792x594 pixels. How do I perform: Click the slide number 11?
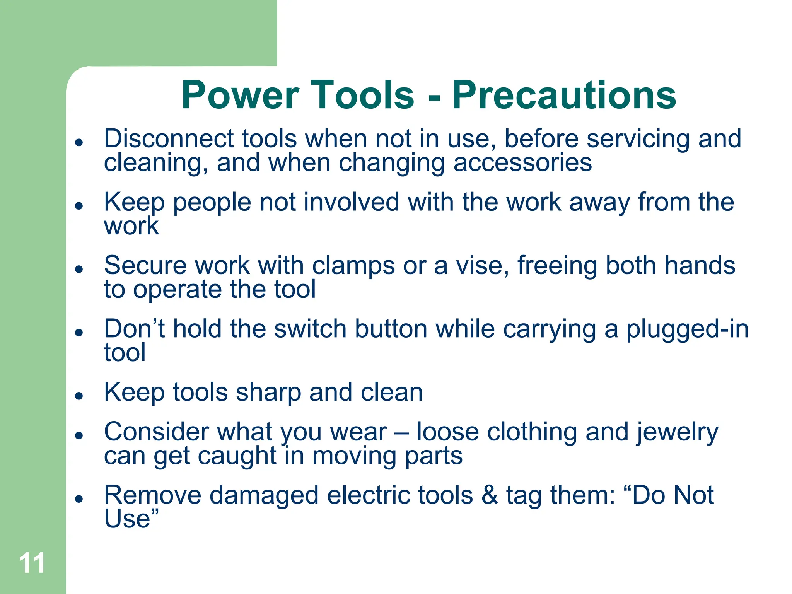tap(32, 563)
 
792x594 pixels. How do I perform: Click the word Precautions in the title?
tap(564, 95)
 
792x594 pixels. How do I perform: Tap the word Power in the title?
tap(240, 95)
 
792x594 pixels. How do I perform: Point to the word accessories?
tap(522, 163)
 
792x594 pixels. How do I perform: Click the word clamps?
tap(353, 266)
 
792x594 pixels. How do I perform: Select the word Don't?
tap(134, 329)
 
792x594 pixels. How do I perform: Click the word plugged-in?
tap(687, 329)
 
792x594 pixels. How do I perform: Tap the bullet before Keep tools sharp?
tap(79, 396)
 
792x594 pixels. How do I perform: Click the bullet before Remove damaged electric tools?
tap(79, 498)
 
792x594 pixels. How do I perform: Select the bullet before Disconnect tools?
tap(79, 142)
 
